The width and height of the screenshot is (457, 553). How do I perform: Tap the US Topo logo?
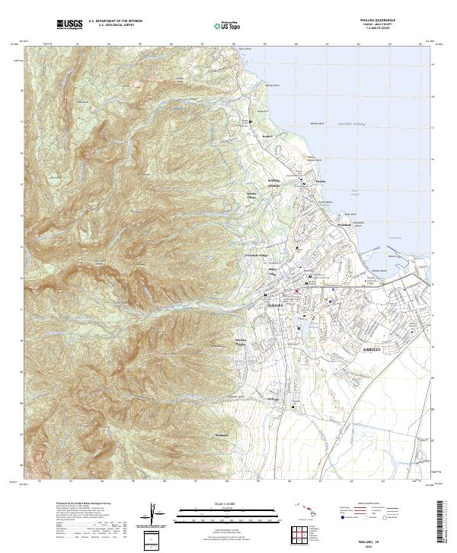[222, 26]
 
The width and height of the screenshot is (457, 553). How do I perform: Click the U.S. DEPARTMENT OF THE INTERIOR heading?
[115, 21]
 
